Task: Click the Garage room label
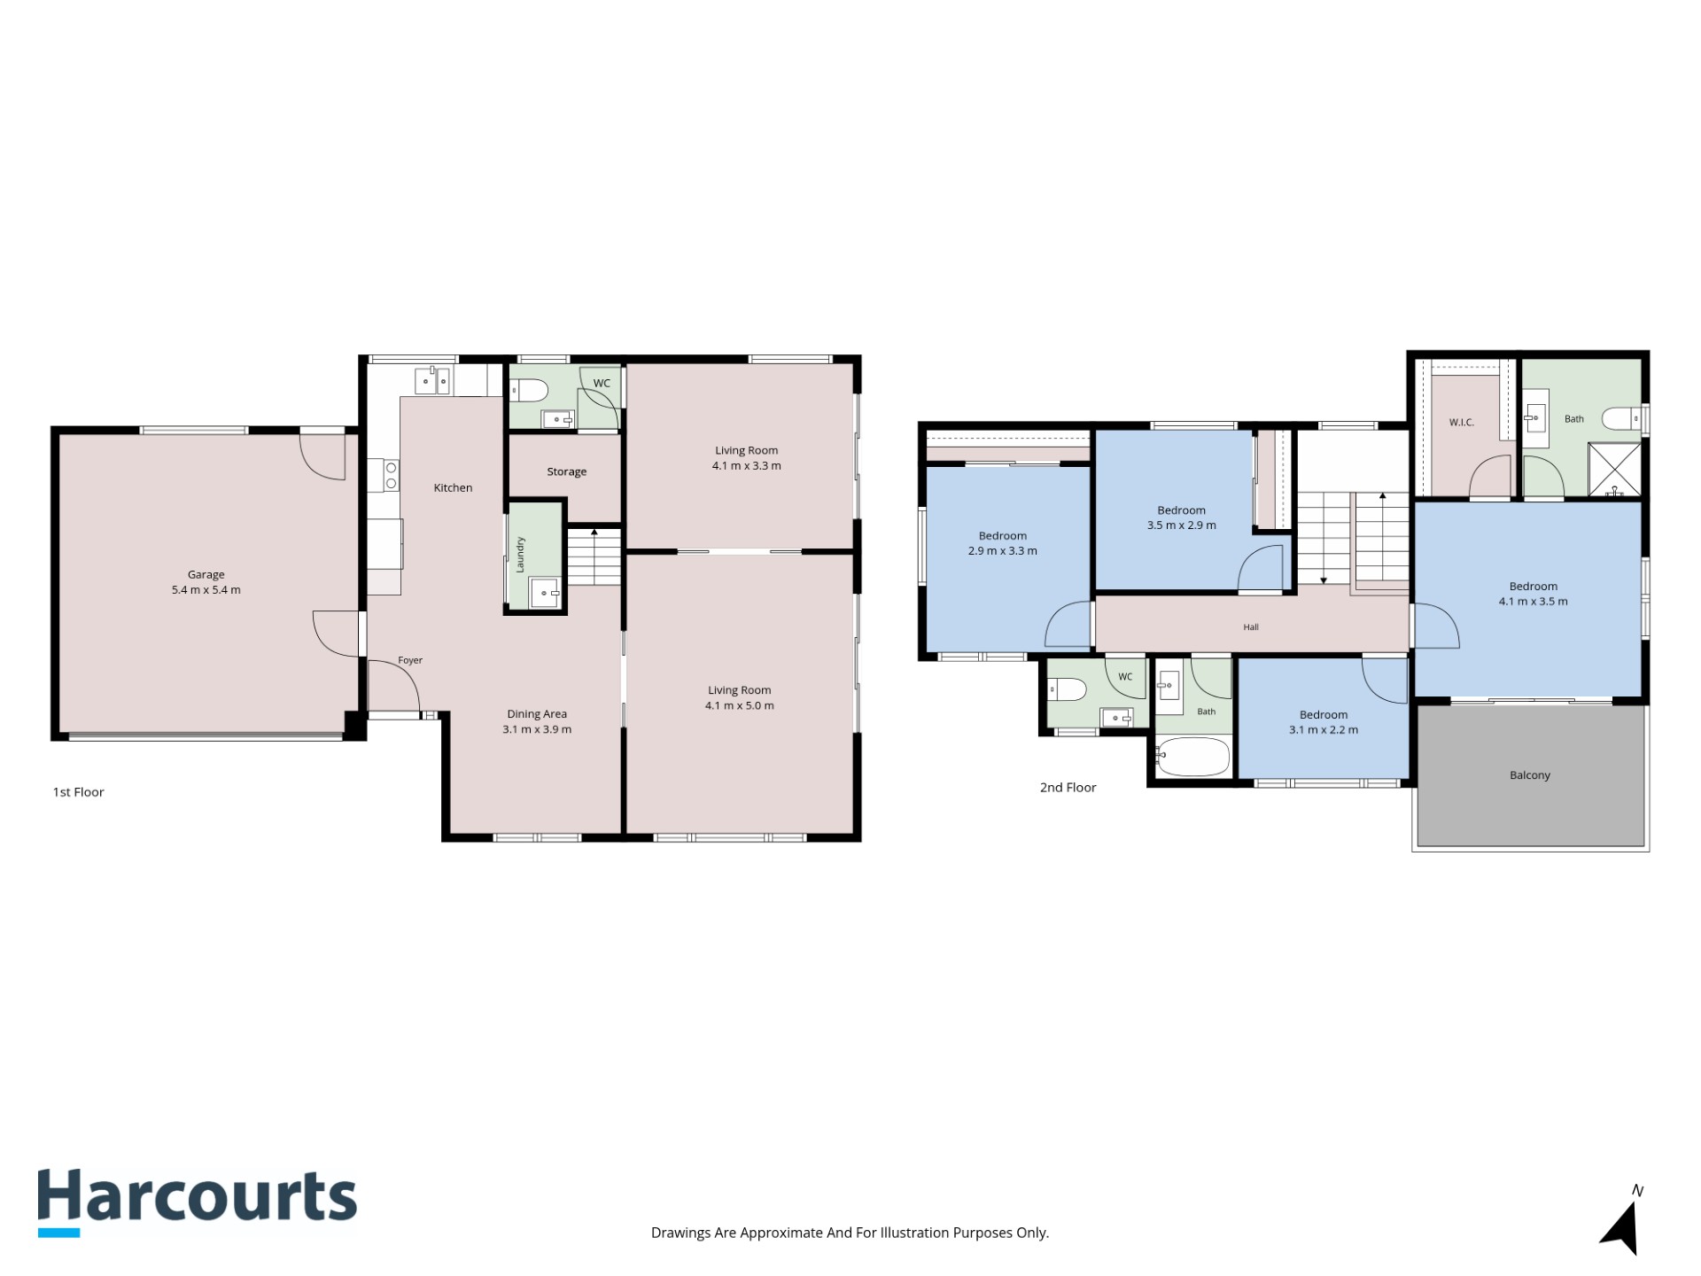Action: pos(206,574)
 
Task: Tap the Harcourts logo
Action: pos(197,1202)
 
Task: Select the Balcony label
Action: pos(1530,775)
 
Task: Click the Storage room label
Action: pos(566,471)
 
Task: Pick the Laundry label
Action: pos(520,554)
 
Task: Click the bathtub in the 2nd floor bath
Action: pos(1192,758)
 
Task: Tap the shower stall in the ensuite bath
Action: pos(1614,470)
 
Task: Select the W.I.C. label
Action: pos(1462,423)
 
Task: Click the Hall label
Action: pos(1251,627)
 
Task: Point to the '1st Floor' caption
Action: pos(79,792)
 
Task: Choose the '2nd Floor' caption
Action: pos(1068,788)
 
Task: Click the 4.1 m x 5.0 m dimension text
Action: pos(740,706)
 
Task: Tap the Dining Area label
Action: pos(537,714)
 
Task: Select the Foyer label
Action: pos(410,660)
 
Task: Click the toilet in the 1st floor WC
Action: pos(530,391)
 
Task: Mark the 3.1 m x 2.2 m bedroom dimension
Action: pos(1324,730)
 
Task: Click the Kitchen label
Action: pos(453,487)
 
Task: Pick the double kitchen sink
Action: pos(432,381)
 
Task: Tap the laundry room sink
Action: pos(545,592)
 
